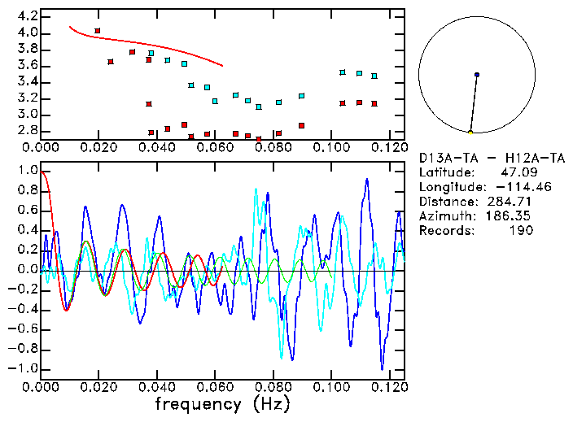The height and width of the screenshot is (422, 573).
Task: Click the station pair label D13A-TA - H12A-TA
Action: [476, 158]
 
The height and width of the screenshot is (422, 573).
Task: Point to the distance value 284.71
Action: [510, 202]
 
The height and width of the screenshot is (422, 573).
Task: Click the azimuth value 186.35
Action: [510, 216]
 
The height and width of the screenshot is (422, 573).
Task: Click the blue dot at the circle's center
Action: [476, 75]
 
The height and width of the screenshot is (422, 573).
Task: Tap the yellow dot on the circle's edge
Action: [470, 132]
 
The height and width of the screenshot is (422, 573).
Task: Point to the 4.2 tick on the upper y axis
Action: [27, 16]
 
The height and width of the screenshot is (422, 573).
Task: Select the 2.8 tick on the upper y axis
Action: [27, 130]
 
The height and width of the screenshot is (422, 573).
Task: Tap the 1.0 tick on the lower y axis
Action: [27, 171]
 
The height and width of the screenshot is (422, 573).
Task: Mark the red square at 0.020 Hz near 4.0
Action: [98, 31]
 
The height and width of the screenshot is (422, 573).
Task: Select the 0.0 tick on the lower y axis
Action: [27, 270]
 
